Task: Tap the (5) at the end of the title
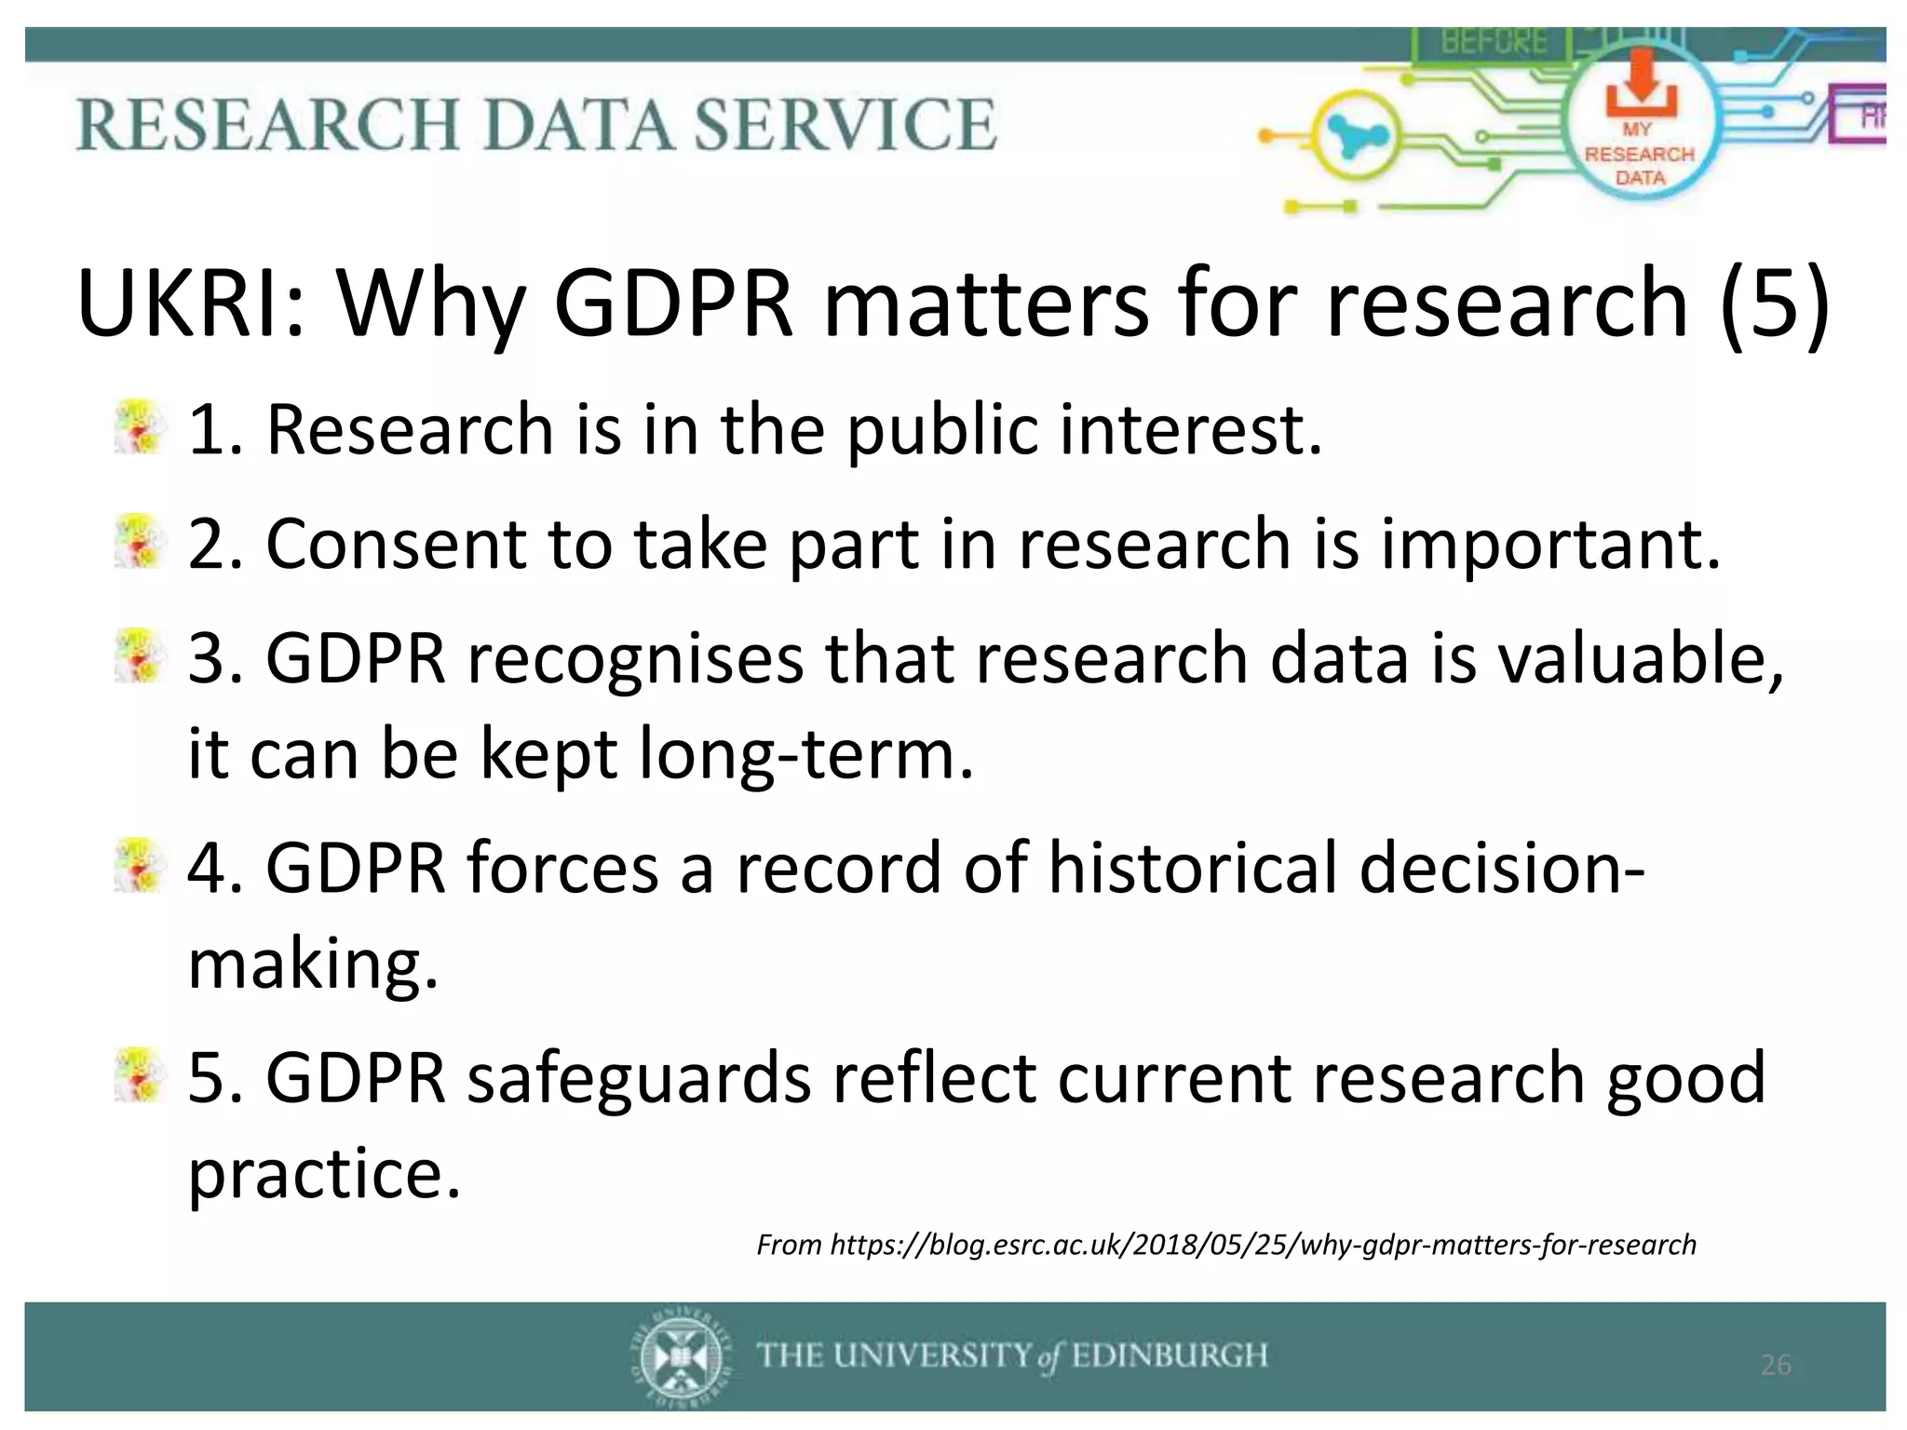1774,304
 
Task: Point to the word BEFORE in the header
1494,42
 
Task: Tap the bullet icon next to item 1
139,428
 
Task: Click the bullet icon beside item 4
139,866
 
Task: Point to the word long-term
805,753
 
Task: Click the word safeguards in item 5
639,1077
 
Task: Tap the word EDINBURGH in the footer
1169,1355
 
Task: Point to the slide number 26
1776,1365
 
